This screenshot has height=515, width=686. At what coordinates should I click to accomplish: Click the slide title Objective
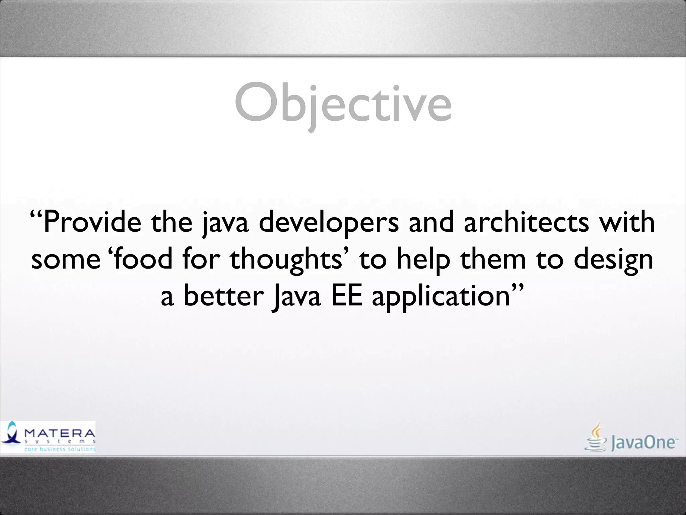coord(343,104)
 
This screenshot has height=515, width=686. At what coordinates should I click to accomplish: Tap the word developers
coord(329,223)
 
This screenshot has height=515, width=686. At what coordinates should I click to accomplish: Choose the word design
coord(613,260)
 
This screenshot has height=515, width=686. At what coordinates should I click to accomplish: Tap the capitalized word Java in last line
coord(296,296)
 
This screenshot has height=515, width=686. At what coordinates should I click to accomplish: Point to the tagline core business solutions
coord(60,449)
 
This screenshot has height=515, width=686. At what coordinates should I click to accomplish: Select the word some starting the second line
coord(66,260)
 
